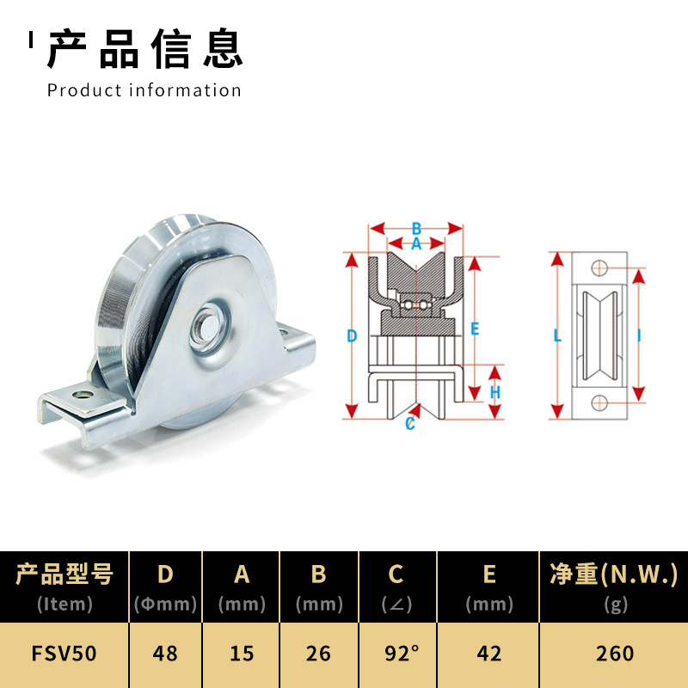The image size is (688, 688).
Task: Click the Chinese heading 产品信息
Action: coord(144,48)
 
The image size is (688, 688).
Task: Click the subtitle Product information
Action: coord(144,90)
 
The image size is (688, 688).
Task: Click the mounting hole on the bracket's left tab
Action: coord(83,394)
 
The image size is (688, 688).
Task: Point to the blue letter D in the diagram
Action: coord(352,336)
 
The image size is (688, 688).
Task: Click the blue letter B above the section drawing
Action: coord(416,229)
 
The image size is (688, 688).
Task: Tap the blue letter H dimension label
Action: coord(495,392)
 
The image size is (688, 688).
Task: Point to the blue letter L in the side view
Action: coord(557,336)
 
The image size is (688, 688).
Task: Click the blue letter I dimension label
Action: coord(639,336)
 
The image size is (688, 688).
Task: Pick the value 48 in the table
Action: coord(164,654)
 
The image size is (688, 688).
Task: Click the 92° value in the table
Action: coord(396,654)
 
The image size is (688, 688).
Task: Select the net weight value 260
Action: coord(614,654)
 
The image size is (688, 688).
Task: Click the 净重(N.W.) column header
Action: coord(614,574)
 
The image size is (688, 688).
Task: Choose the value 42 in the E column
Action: coord(488,654)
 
